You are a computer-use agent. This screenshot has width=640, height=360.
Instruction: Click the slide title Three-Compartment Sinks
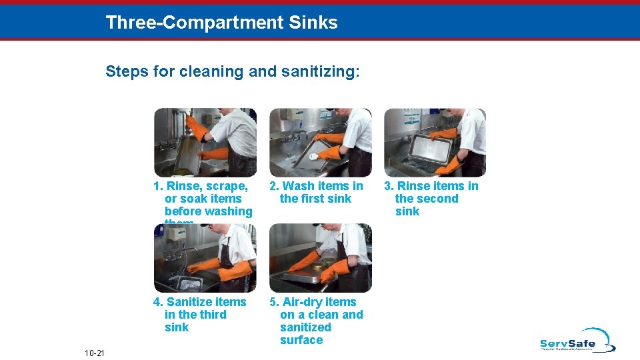coord(221,23)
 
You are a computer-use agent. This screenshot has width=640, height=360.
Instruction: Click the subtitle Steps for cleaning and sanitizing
coord(232,71)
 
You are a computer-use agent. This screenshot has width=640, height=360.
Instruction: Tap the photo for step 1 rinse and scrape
coord(205,142)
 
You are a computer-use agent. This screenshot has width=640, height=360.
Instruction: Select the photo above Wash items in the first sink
coord(320,142)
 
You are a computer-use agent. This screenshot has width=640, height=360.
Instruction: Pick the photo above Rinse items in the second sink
coord(435,142)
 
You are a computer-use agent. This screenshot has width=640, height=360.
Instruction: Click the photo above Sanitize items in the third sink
coord(205,259)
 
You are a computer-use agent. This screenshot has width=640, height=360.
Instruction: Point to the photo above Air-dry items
coord(320,259)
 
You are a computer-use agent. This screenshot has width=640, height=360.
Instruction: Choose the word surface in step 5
coord(301,340)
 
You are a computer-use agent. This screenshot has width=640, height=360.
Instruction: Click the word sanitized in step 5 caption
coord(305,327)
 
